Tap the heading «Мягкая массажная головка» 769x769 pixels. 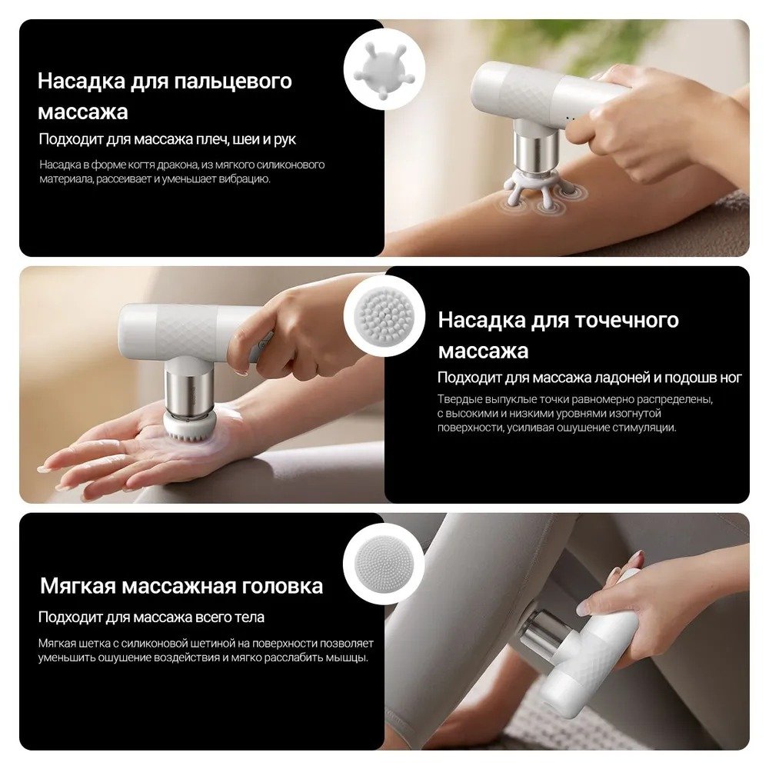(x=181, y=585)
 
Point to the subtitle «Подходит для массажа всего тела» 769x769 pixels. (x=151, y=617)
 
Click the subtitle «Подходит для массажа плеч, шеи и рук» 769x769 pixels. (x=167, y=139)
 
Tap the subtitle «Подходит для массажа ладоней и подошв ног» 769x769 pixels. (x=590, y=378)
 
